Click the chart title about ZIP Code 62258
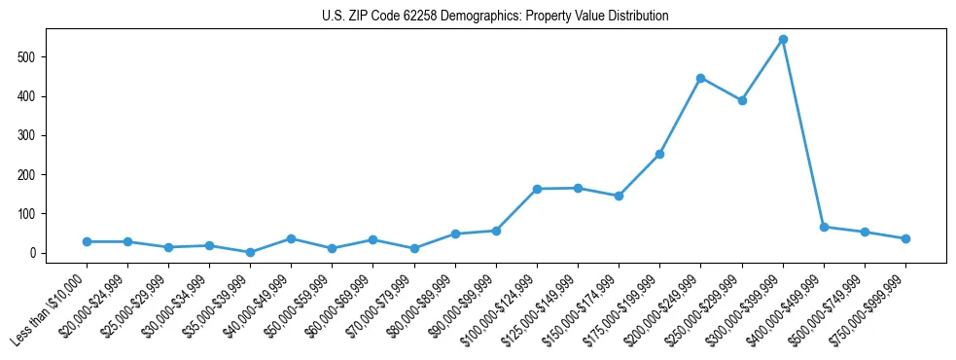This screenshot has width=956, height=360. (495, 17)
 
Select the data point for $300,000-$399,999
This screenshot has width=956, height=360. (783, 40)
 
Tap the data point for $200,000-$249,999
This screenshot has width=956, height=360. (700, 78)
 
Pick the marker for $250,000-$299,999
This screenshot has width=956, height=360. (742, 100)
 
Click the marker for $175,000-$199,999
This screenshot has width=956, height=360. (659, 154)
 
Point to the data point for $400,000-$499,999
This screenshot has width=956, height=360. (824, 227)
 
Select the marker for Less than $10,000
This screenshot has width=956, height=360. (87, 241)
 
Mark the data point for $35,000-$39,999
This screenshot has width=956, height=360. (250, 252)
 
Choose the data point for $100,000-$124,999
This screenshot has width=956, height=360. (537, 189)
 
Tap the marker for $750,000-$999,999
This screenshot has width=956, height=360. (905, 238)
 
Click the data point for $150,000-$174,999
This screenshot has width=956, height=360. (619, 196)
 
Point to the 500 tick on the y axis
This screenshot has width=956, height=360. (35, 57)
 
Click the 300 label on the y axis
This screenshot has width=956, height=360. (35, 135)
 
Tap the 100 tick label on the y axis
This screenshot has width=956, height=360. (35, 214)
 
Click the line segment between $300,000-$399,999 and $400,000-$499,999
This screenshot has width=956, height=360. (803, 133)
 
